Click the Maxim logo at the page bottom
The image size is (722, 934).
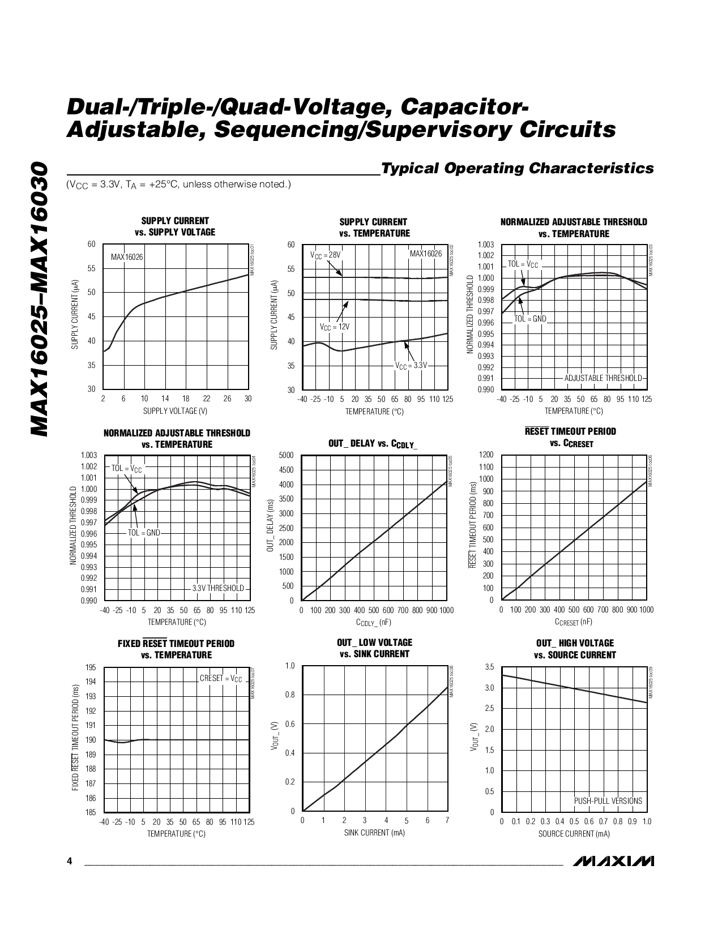(x=613, y=861)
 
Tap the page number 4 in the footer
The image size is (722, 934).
(x=69, y=862)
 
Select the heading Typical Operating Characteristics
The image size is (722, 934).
(x=518, y=168)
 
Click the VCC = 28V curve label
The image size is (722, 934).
(x=326, y=255)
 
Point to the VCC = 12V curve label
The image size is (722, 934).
(x=335, y=327)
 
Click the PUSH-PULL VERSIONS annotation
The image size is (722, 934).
(x=608, y=801)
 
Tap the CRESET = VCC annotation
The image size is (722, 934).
(x=220, y=678)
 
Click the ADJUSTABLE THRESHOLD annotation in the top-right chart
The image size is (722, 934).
(x=603, y=378)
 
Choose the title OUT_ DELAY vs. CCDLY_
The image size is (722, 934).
(x=373, y=444)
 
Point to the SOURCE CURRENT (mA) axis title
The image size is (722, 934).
(x=574, y=833)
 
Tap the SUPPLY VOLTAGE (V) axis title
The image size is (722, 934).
(x=175, y=410)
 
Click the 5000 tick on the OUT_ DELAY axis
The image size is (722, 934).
(x=287, y=455)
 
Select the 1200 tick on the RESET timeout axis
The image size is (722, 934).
(x=486, y=455)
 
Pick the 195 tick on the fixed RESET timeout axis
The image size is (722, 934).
(x=91, y=667)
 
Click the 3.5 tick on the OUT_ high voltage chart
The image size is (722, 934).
(x=489, y=667)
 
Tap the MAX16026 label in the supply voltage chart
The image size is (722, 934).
(x=127, y=257)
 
